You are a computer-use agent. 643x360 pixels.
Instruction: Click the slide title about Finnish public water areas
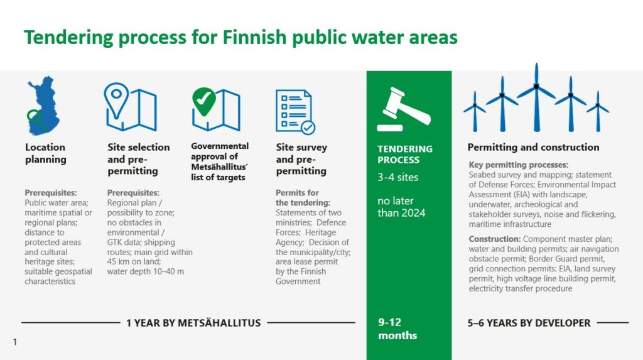[x=240, y=37]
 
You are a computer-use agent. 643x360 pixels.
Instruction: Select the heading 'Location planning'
[x=45, y=153]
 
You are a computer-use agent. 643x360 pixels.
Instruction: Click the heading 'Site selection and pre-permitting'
[x=138, y=159]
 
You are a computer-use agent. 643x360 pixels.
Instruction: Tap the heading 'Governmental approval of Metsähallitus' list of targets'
[x=220, y=161]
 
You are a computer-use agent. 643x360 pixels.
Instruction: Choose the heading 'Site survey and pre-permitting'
[x=301, y=159]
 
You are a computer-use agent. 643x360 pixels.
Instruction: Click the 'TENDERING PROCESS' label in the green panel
[x=404, y=155]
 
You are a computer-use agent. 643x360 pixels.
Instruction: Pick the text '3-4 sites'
[x=397, y=177]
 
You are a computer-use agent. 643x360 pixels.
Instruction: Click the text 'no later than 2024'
[x=401, y=207]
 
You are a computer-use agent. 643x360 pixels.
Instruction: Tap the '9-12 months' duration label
[x=397, y=329]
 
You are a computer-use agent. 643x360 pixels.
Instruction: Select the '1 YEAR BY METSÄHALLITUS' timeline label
[x=193, y=323]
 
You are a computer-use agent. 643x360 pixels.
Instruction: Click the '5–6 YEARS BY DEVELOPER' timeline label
[x=529, y=323]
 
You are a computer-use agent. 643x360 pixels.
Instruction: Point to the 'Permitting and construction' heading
[x=533, y=148]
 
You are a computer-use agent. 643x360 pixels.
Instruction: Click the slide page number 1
[x=14, y=342]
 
